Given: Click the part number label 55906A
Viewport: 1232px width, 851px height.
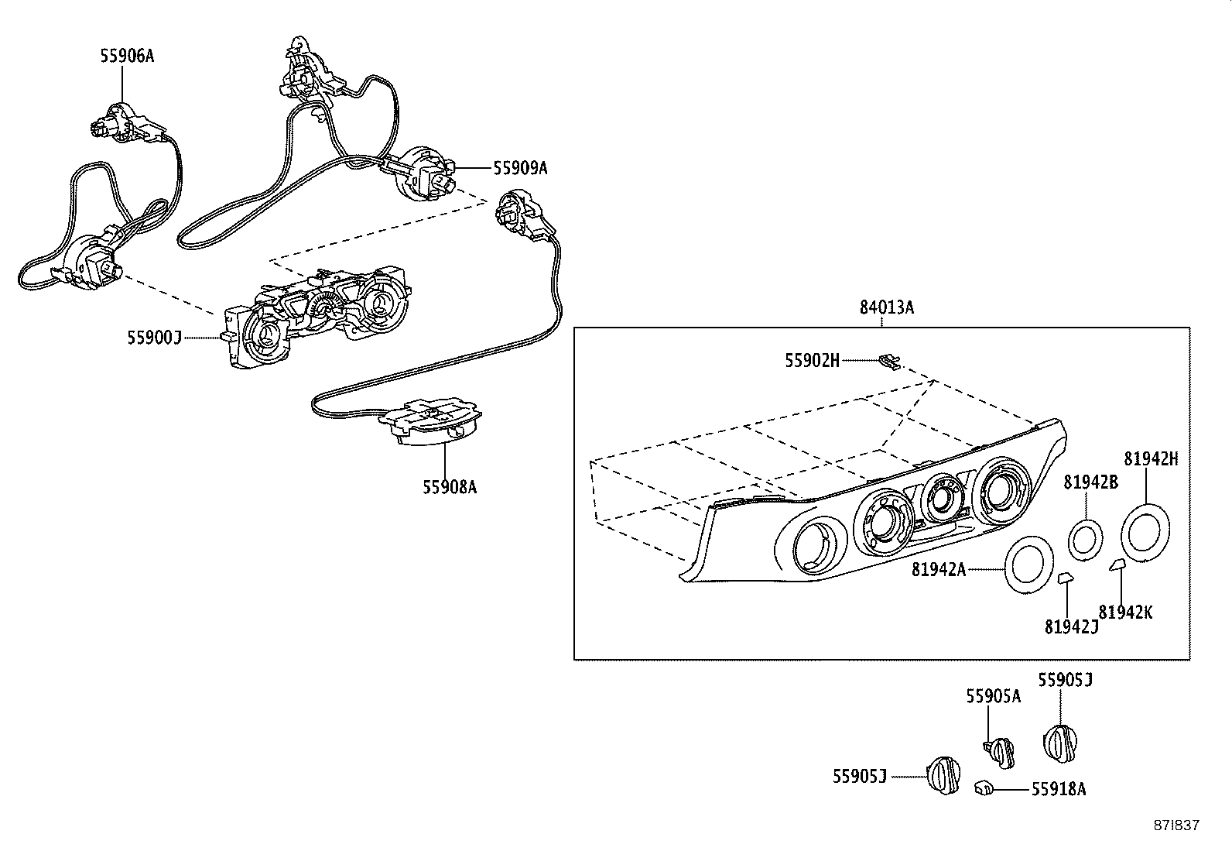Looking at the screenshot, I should click(x=127, y=56).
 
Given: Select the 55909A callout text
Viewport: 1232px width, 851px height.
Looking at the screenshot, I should click(x=520, y=168).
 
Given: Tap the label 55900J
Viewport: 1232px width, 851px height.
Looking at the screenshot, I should click(x=154, y=338).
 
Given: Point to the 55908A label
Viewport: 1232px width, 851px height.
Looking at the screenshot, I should click(x=450, y=487).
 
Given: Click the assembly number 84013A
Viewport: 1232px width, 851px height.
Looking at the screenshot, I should click(x=887, y=307).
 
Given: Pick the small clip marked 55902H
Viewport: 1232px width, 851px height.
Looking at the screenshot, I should click(x=891, y=362).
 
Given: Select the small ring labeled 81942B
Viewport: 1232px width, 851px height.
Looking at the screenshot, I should click(x=1085, y=538).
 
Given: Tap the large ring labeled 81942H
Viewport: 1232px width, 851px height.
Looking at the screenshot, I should click(x=1145, y=531).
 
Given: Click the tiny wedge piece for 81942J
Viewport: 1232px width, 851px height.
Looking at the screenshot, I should click(x=1066, y=578).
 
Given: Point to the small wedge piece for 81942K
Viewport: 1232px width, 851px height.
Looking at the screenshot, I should click(x=1117, y=565).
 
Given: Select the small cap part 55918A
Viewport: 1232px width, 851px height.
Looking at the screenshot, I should click(x=983, y=788).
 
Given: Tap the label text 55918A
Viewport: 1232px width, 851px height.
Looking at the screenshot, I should click(x=1058, y=789).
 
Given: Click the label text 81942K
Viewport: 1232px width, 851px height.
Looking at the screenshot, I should click(x=1125, y=612).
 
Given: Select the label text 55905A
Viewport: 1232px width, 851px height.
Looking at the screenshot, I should click(x=993, y=696).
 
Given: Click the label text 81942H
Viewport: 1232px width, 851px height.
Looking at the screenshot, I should click(x=1151, y=458).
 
